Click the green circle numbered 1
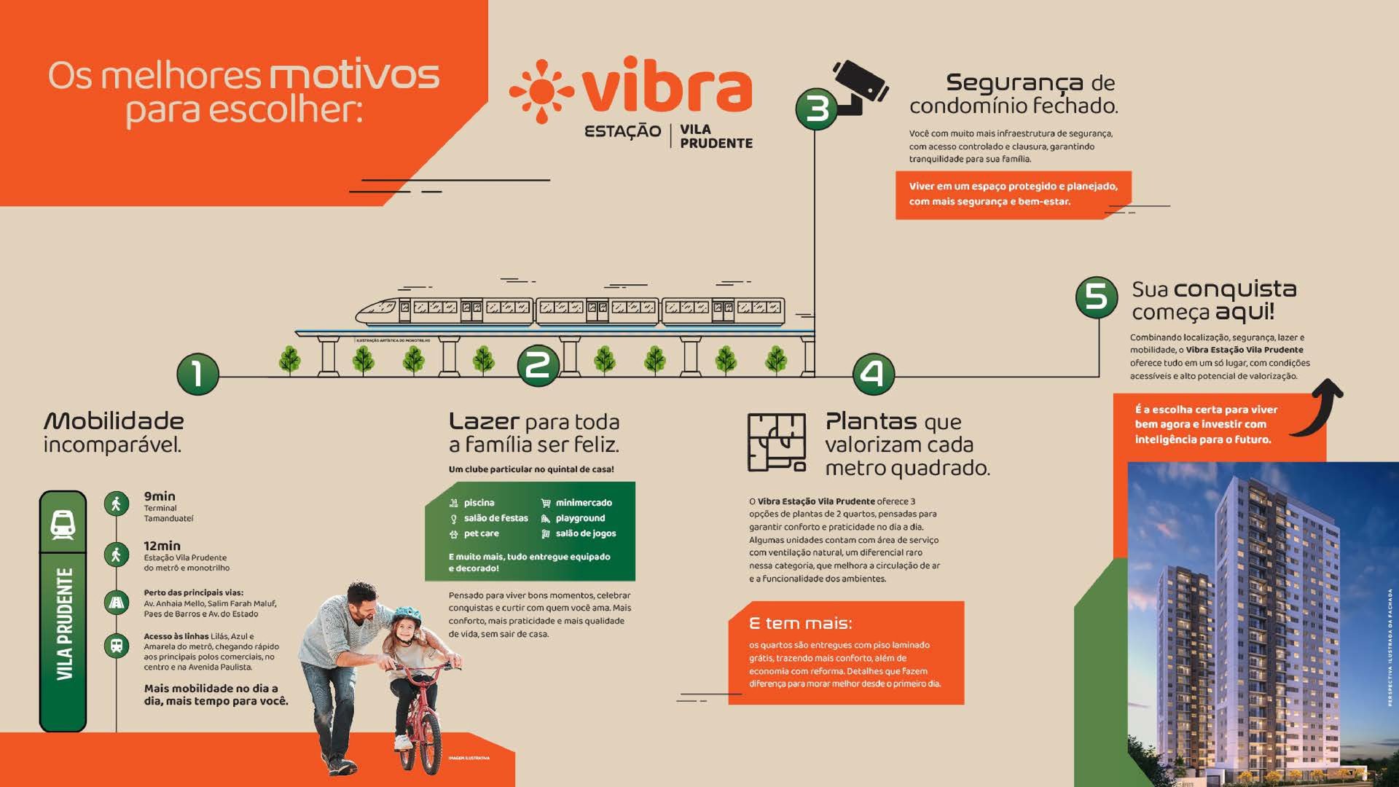197,374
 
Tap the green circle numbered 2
538,365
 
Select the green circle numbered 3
816,109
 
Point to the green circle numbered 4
873,374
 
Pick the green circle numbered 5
1096,297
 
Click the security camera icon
860,85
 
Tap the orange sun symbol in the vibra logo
541,91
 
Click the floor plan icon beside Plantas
777,442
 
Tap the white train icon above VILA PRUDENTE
63,524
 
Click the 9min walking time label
160,496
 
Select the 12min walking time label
162,546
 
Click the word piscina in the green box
479,503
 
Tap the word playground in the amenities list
580,518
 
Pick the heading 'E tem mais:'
800,623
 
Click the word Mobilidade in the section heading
114,421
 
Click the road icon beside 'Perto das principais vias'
117,603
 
